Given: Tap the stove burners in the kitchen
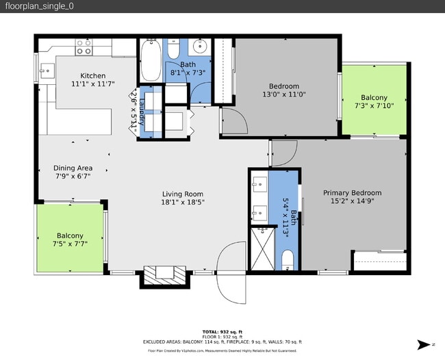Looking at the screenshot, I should (x=84, y=47).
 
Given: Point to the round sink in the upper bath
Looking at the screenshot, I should (x=201, y=47).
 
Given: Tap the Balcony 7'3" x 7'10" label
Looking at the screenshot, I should (x=374, y=102).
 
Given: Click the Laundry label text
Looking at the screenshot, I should (x=142, y=111).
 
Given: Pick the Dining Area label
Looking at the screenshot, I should (x=73, y=172).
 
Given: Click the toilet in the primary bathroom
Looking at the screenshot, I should (x=288, y=259).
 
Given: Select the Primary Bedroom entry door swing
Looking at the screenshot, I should (x=284, y=152).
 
